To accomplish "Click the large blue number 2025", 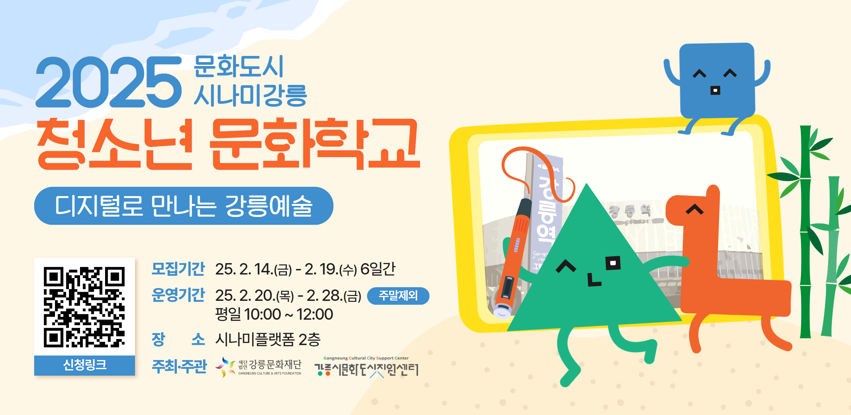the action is pyautogui.click(x=109, y=82).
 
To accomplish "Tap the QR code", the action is pyautogui.click(x=84, y=307).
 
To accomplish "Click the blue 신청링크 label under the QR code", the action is pyautogui.click(x=85, y=365).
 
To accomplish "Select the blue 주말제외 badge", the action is pyautogui.click(x=398, y=295).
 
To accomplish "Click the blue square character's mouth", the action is pyautogui.click(x=715, y=90).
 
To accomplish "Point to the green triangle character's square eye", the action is pyautogui.click(x=613, y=263).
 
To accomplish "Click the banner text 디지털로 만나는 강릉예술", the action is pyautogui.click(x=184, y=206).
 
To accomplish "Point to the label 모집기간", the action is pyautogui.click(x=178, y=269).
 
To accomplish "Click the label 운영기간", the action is pyautogui.click(x=178, y=295).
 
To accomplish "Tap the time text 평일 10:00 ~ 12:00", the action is pyautogui.click(x=274, y=314).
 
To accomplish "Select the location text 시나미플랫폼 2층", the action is pyautogui.click(x=268, y=339).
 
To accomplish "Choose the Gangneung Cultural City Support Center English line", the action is pyautogui.click(x=366, y=358).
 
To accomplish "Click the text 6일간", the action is pyautogui.click(x=378, y=269).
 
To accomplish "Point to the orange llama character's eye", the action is pyautogui.click(x=695, y=209).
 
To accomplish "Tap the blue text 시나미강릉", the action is pyautogui.click(x=250, y=95).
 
